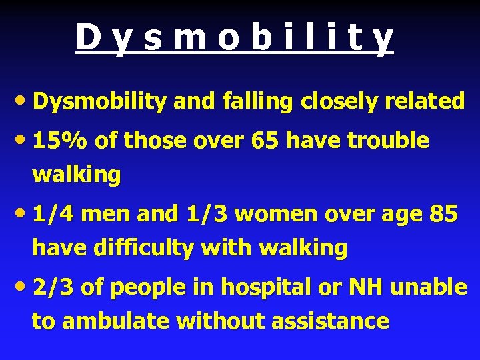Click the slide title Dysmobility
[234, 38]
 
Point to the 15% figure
[61, 141]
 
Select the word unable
[429, 287]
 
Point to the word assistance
[331, 321]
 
